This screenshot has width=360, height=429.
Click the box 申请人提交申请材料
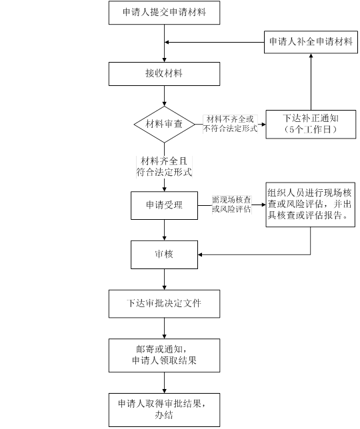tap(164, 13)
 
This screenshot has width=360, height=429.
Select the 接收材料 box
tap(164, 74)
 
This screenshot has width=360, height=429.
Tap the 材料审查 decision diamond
tap(164, 125)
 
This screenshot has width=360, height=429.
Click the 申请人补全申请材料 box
tap(311, 42)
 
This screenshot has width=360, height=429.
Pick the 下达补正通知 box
tap(311, 124)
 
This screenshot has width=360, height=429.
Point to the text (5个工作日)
tap(311, 129)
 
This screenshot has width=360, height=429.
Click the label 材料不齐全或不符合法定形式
tap(230, 124)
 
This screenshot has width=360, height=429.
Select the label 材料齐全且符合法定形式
tap(164, 167)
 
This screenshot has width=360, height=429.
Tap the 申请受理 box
tap(164, 205)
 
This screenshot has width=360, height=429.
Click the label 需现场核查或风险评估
tap(231, 205)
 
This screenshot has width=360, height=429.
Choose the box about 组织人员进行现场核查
tap(311, 205)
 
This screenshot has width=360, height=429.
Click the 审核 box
tap(164, 254)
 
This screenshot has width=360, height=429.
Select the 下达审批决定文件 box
tap(164, 304)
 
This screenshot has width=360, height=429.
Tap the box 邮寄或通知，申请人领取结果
tap(164, 356)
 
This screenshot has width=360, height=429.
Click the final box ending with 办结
tap(164, 410)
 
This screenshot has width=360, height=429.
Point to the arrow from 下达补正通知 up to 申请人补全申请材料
tap(311, 82)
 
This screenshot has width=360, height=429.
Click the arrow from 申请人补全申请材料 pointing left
tap(215, 43)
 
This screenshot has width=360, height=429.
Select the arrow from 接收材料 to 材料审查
tap(164, 96)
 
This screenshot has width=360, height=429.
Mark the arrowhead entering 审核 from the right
tap(200, 254)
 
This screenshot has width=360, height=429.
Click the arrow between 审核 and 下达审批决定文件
tap(164, 279)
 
